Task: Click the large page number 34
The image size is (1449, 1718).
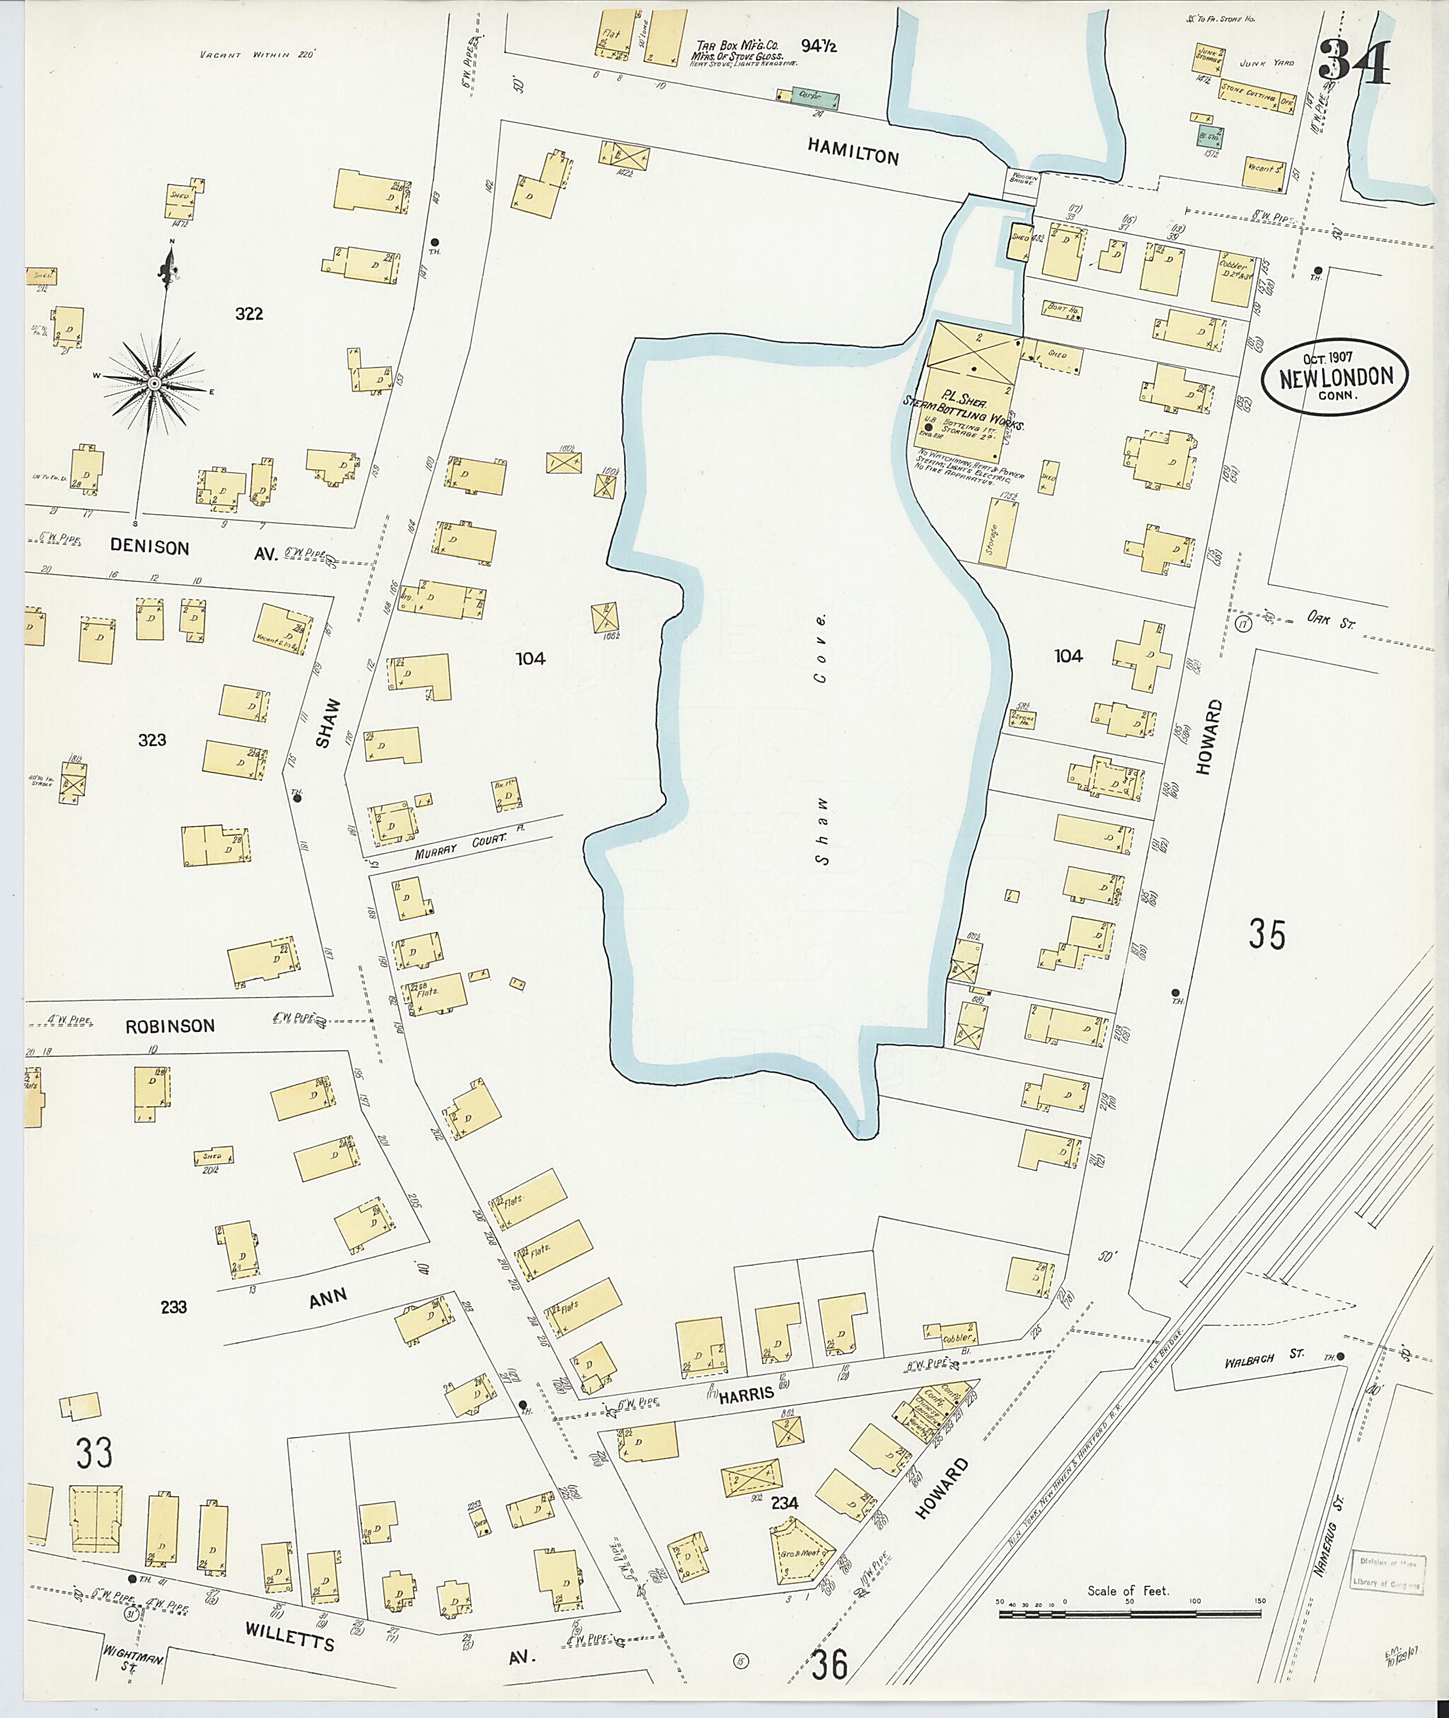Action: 1356,62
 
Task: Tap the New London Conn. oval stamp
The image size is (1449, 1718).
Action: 1336,377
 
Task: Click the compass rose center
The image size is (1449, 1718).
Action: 154,384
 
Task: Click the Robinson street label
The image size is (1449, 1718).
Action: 170,1026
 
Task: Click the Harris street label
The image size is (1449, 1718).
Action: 746,1393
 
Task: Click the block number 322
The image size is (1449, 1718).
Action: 249,313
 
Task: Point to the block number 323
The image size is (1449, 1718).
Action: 153,740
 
